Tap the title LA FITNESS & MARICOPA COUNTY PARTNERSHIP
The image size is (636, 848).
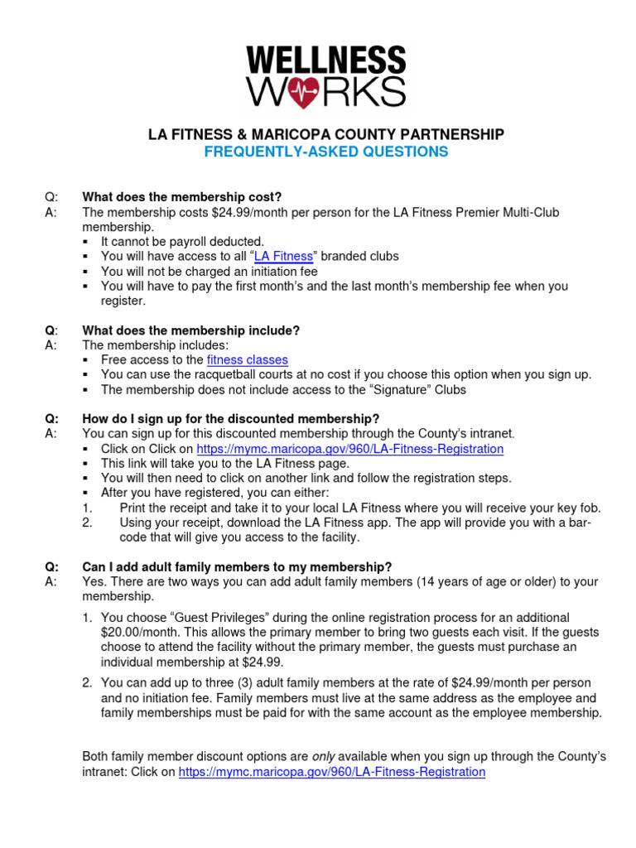(x=325, y=134)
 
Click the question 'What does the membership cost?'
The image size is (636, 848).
(x=182, y=197)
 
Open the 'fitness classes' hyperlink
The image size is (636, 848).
(x=248, y=360)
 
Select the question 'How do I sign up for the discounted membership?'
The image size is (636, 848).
(x=230, y=419)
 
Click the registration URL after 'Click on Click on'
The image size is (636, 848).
(x=349, y=449)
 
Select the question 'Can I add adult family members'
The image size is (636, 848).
(x=237, y=567)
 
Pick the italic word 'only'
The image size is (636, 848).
(x=322, y=757)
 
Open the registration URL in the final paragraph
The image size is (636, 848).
(x=332, y=772)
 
